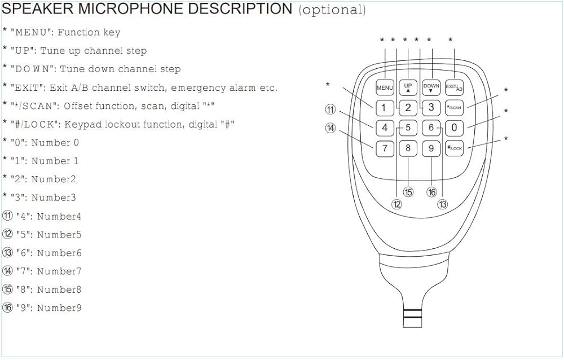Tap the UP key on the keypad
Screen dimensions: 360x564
point(408,87)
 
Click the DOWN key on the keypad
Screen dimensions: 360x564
point(431,87)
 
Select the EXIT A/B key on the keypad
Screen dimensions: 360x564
point(454,87)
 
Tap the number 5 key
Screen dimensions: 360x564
point(408,128)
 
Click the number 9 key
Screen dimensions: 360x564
point(431,148)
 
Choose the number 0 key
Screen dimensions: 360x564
point(454,128)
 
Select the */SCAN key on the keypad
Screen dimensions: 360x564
point(454,107)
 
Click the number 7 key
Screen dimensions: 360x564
point(385,148)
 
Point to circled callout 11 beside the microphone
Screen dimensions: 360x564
point(331,109)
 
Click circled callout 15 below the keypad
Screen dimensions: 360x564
point(408,192)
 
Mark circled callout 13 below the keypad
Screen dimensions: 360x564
point(443,205)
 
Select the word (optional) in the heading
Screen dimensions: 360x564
point(332,10)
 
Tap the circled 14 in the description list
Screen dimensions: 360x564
point(7,271)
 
